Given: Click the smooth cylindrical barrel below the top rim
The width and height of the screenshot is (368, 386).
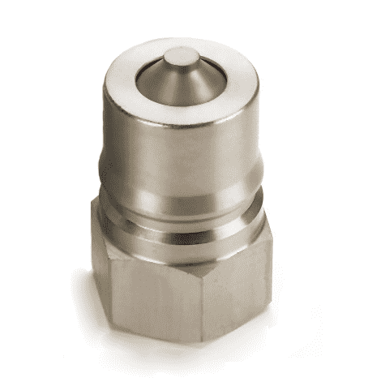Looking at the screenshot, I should [178, 146].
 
